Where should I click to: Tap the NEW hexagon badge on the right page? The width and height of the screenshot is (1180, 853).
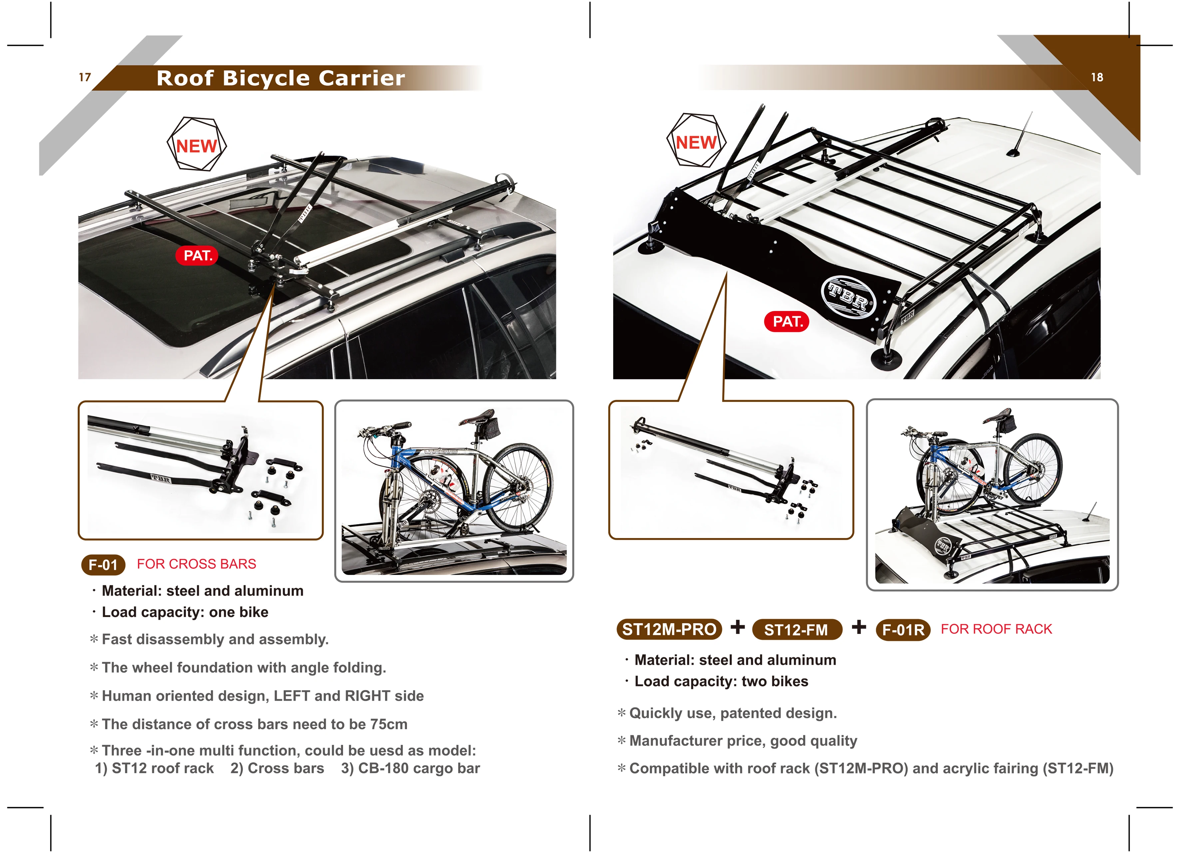click(x=696, y=142)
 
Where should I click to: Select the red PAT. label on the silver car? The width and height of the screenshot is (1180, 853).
click(x=198, y=255)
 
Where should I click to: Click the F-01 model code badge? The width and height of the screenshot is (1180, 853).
click(x=103, y=565)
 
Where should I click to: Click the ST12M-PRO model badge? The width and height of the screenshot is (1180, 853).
click(x=669, y=629)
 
